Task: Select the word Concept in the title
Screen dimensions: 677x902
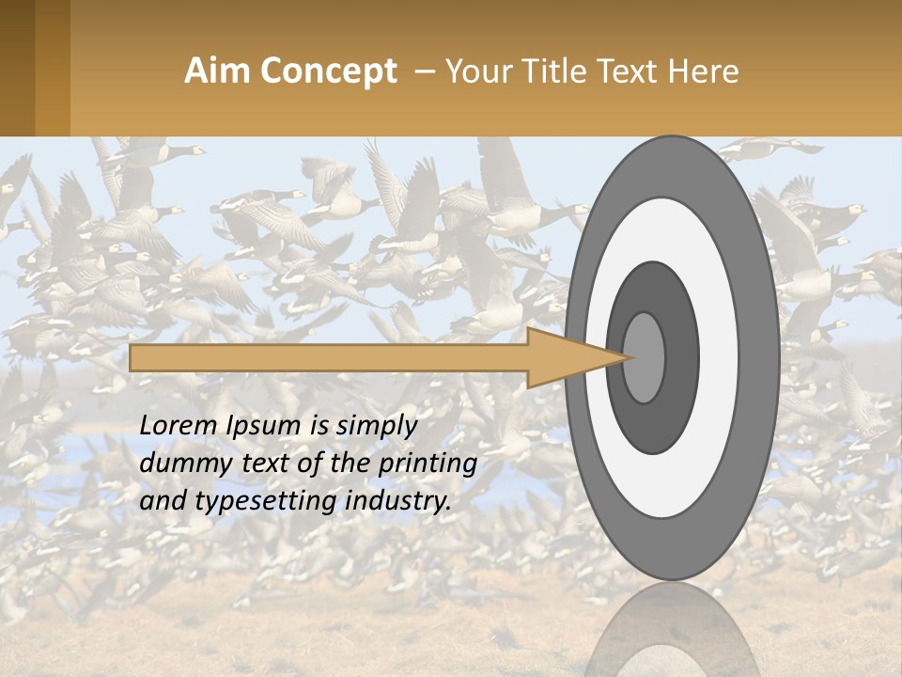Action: pos(328,71)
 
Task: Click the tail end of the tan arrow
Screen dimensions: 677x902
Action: pos(133,357)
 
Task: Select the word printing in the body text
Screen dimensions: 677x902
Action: pos(430,464)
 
